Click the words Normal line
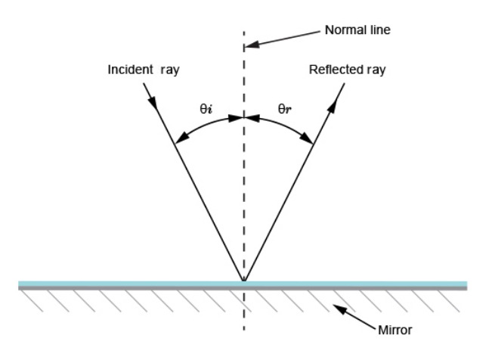tap(357, 31)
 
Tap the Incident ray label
tap(144, 70)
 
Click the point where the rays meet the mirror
tap(243, 281)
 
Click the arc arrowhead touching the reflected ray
tap(308, 139)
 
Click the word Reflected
tap(330, 70)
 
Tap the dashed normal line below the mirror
tap(243, 314)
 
